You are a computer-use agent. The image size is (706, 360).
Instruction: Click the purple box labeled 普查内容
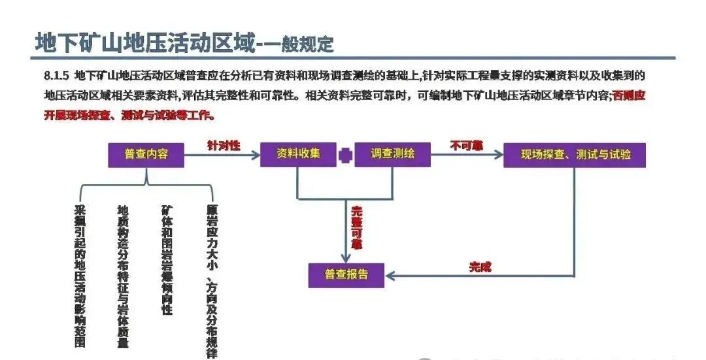pos(146,155)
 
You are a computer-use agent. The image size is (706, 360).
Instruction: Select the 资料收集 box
pos(298,155)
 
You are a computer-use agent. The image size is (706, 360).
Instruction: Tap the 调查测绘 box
pos(393,155)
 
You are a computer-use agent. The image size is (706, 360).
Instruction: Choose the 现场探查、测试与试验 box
pos(575,155)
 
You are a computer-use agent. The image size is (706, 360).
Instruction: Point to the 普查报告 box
pos(346,275)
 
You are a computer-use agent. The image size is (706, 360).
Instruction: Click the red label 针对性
pos(224,145)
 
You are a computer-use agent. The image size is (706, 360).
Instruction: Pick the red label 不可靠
pos(466,145)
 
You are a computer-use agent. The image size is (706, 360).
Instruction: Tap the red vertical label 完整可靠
pos(356,227)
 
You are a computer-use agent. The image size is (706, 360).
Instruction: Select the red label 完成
pos(480,267)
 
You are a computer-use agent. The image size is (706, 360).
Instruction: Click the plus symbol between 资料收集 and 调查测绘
pos(346,155)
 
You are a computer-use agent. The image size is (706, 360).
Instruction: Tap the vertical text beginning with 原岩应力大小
pos(211,281)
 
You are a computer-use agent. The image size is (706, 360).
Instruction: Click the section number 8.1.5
pos(56,76)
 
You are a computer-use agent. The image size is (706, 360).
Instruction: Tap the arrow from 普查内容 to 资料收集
pos(222,155)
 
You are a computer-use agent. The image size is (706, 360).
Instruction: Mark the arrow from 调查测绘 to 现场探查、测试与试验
pos(467,155)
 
